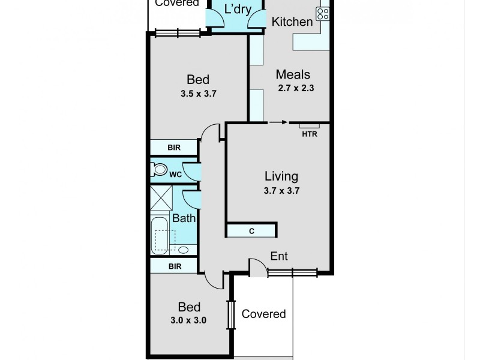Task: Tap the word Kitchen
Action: click(x=292, y=22)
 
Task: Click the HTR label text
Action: click(x=309, y=133)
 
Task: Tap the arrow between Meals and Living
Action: click(x=277, y=122)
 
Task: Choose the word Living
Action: click(x=281, y=176)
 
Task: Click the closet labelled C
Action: click(x=251, y=230)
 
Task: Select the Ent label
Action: click(x=279, y=256)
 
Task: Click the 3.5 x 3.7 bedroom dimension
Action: click(x=197, y=93)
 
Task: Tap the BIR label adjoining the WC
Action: click(x=173, y=148)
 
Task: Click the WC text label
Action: click(x=175, y=175)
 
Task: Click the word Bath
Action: click(x=184, y=218)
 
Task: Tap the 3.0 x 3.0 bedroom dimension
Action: click(x=189, y=320)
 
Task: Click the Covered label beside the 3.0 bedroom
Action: click(x=263, y=314)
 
